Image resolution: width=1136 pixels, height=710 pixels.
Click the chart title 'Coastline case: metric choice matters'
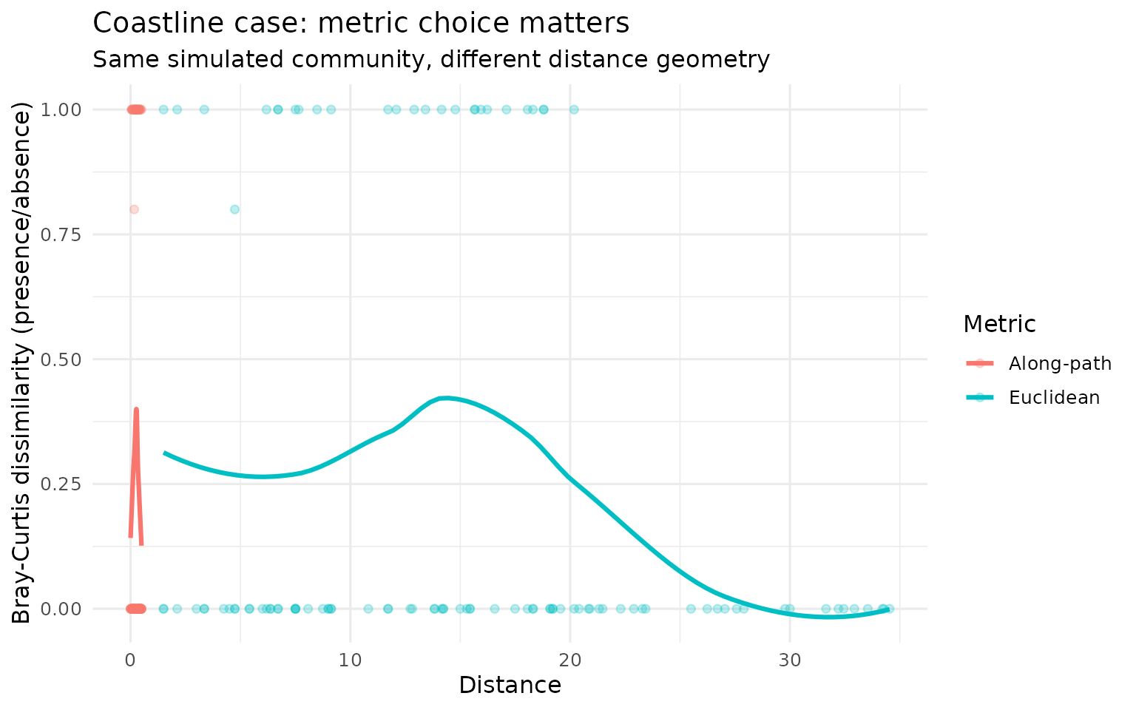[x=361, y=24]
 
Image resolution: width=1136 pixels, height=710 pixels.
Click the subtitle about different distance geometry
[x=431, y=59]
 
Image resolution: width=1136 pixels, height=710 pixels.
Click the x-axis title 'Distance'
[x=510, y=686]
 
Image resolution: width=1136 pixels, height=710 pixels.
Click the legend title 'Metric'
[x=999, y=324]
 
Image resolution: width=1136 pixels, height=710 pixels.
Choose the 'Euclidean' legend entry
[x=1053, y=397]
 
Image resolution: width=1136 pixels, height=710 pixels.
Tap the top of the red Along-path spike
[x=136, y=409]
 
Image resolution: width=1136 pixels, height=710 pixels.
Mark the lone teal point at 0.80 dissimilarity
[x=234, y=209]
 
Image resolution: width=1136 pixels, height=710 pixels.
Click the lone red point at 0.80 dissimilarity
[x=134, y=209]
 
